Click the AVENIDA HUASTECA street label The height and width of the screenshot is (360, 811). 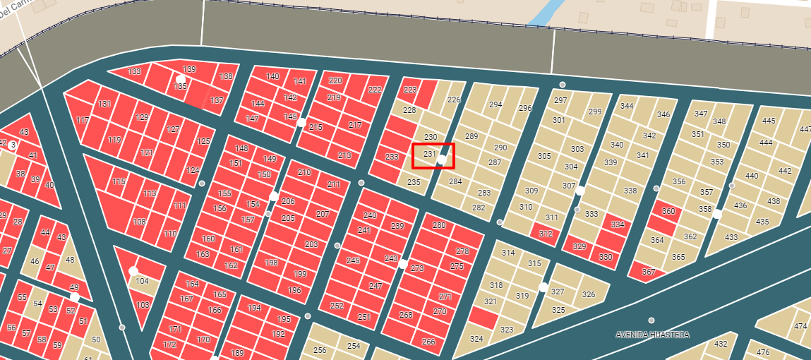click(x=651, y=335)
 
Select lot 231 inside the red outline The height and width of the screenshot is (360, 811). click(x=428, y=155)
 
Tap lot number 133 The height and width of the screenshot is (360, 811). click(x=134, y=72)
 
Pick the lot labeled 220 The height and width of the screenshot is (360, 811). click(x=335, y=81)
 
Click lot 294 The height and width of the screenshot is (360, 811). click(x=495, y=104)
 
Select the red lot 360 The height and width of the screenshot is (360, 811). click(x=668, y=212)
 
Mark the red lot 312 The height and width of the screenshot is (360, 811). click(x=545, y=234)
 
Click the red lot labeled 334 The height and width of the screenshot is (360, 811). click(x=618, y=225)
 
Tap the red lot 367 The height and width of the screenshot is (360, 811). click(x=649, y=272)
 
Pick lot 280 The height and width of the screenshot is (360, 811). click(x=439, y=226)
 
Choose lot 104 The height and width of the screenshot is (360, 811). click(x=143, y=281)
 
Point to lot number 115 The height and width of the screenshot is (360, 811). click(x=119, y=182)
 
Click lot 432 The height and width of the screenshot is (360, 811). click(x=720, y=344)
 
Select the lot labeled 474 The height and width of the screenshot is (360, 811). click(x=800, y=326)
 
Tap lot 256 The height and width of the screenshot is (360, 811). click(x=320, y=350)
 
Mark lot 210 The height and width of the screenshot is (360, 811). click(x=304, y=173)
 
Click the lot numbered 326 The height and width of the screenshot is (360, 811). click(x=589, y=294)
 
